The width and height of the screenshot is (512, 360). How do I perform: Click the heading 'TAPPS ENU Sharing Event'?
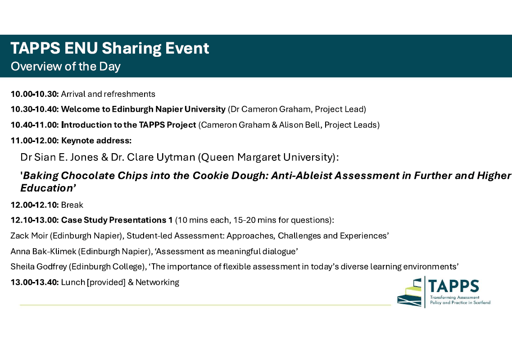pyautogui.click(x=110, y=48)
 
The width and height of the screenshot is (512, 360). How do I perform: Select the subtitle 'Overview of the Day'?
pyautogui.click(x=66, y=66)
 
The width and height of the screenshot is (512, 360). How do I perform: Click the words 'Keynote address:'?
pyautogui.click(x=96, y=141)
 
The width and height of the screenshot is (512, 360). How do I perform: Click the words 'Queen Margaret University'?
pyautogui.click(x=267, y=157)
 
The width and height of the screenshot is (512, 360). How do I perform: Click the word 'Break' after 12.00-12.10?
pyautogui.click(x=72, y=205)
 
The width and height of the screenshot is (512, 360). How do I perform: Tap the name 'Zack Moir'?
pyautogui.click(x=29, y=236)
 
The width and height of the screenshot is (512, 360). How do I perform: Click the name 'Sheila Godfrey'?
pyautogui.click(x=38, y=267)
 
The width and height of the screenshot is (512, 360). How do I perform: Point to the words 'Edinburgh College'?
pyautogui.click(x=107, y=267)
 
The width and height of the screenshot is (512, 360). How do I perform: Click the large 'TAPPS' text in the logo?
pyautogui.click(x=453, y=286)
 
